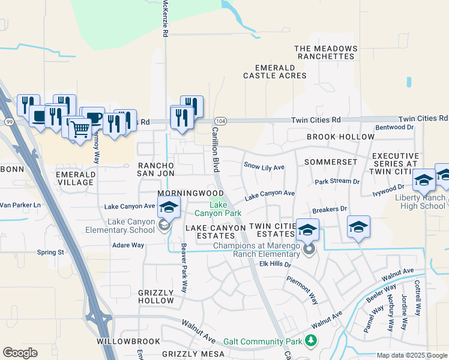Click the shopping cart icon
click(80, 128)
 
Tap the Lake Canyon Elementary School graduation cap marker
click(169, 207)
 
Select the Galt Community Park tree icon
click(310, 341)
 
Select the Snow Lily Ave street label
click(264, 165)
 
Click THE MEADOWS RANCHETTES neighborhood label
click(326, 52)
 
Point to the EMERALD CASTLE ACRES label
click(274, 71)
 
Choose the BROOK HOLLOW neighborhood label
click(340, 137)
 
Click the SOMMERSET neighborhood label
click(330, 162)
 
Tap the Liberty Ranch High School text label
click(420, 202)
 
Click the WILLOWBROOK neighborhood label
click(128, 341)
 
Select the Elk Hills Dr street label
click(275, 264)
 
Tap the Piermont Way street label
click(302, 290)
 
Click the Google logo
click(20, 352)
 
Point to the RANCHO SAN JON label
click(156, 169)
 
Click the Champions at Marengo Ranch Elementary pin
click(309, 249)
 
